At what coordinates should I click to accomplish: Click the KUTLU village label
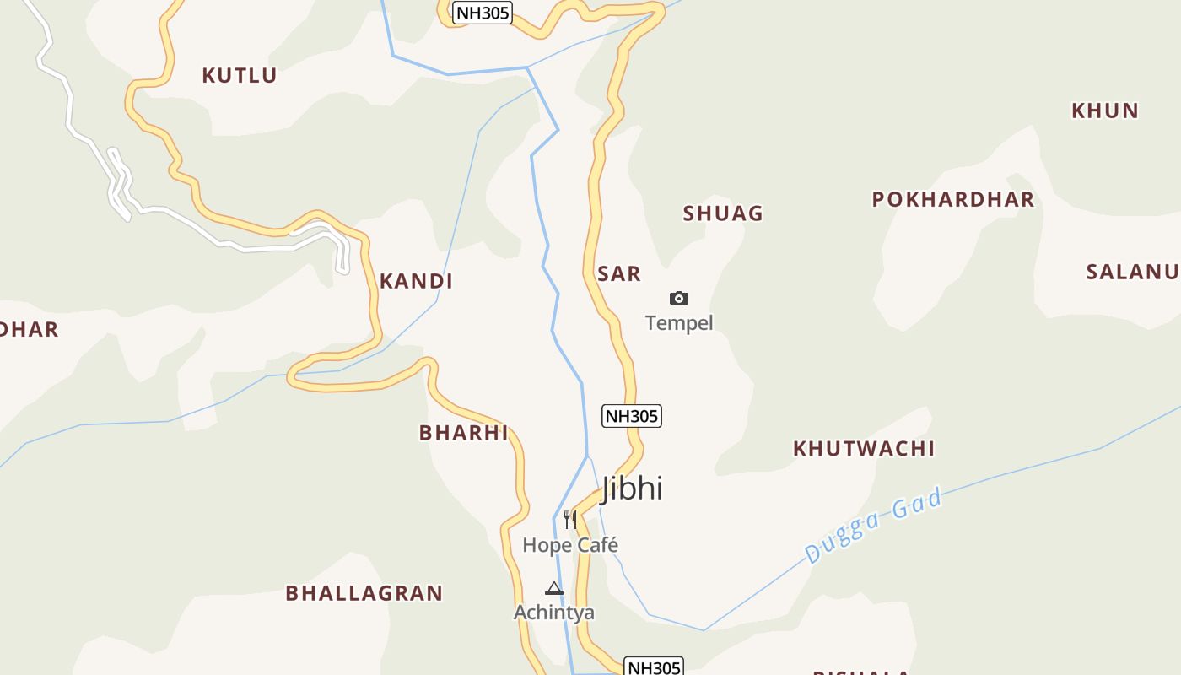(240, 75)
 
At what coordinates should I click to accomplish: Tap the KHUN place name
(1105, 111)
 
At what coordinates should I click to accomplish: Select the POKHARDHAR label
(952, 200)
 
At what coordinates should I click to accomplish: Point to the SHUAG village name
(723, 213)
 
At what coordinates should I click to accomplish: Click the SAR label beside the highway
(619, 273)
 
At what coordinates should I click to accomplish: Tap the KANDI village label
(416, 281)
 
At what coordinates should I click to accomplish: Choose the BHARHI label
(464, 433)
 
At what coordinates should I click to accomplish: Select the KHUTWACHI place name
(864, 448)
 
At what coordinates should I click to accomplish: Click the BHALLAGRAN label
(364, 593)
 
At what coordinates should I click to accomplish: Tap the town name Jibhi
(632, 489)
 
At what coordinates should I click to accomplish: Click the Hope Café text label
(570, 545)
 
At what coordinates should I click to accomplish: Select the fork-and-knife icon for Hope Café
(570, 519)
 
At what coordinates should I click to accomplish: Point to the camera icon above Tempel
(679, 298)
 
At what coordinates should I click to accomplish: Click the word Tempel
(679, 323)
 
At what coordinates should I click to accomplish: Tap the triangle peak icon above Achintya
(554, 588)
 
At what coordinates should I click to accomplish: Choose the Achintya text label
(554, 613)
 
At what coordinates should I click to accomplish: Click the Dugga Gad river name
(873, 526)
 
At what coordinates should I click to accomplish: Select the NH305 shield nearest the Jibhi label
(631, 416)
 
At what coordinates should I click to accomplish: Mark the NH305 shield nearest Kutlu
(483, 13)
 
